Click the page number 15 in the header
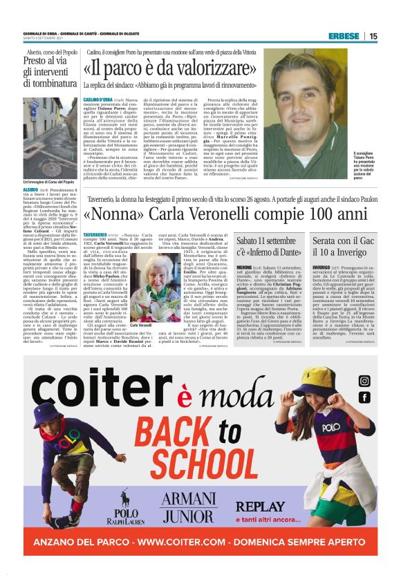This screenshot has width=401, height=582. point(392,36)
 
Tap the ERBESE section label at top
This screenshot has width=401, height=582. point(343,36)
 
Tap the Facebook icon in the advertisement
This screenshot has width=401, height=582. point(364,399)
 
